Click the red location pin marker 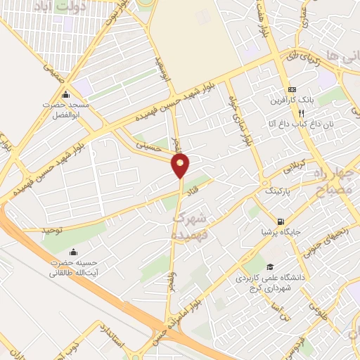181,165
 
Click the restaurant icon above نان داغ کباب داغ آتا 301,112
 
